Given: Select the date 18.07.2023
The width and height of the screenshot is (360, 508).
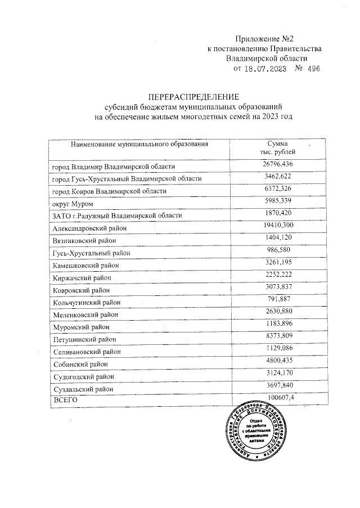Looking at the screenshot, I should point(264,69).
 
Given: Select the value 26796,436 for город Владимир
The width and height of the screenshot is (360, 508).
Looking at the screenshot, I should point(278,164).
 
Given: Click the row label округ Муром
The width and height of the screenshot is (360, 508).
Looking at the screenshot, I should point(73,203).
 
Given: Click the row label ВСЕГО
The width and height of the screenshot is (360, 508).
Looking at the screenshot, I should point(63,400).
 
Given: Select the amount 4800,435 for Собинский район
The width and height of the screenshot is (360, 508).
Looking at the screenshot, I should point(278,361).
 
